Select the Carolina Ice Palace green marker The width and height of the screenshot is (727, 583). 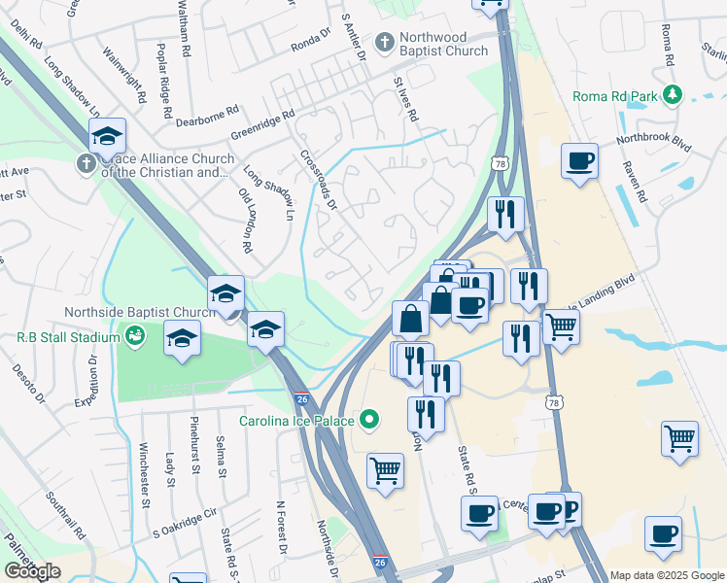coord(368,421)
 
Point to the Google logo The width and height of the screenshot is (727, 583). coord(31,571)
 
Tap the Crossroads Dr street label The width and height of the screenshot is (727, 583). coord(319,180)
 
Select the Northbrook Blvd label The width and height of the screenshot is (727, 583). coord(652,142)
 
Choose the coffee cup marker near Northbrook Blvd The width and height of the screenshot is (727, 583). coord(580,161)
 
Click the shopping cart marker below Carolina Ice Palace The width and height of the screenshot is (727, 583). coord(385,472)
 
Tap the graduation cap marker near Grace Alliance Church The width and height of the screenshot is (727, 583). coord(107,137)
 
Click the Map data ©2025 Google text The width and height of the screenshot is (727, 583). coord(667,575)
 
